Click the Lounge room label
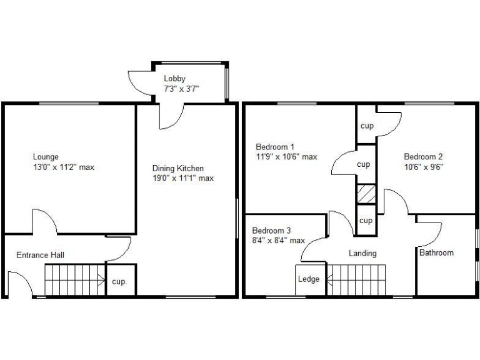46,157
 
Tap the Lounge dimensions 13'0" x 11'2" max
63,167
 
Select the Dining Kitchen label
178,168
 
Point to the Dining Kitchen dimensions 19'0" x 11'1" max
183,178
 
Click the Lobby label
174,78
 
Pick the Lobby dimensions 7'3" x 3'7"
181,88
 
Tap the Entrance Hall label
40,255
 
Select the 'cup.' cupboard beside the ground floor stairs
119,282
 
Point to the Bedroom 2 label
423,157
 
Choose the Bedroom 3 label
271,229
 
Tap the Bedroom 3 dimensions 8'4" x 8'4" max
278,240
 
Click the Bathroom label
436,253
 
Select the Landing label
362,253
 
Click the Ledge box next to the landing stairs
309,279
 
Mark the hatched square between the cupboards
366,194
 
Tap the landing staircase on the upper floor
357,279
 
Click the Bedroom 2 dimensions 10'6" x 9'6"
423,167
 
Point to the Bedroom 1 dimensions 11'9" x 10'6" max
286,157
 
